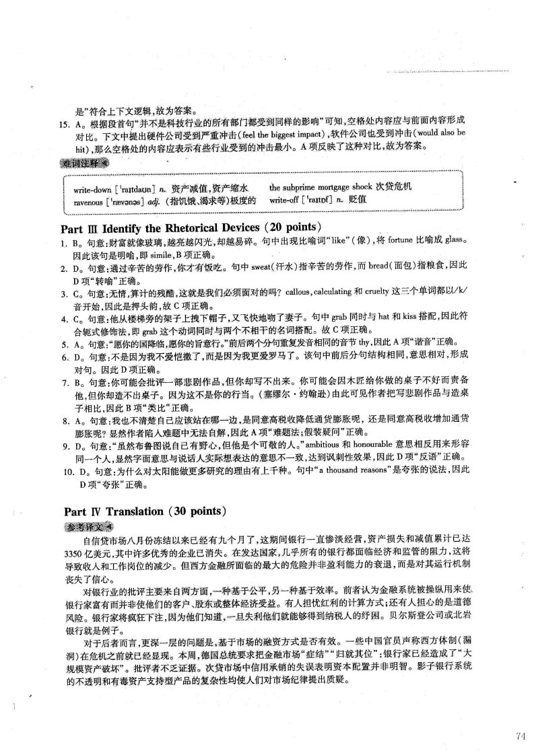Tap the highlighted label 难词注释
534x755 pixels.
coord(84,163)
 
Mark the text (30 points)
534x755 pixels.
coord(192,510)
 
